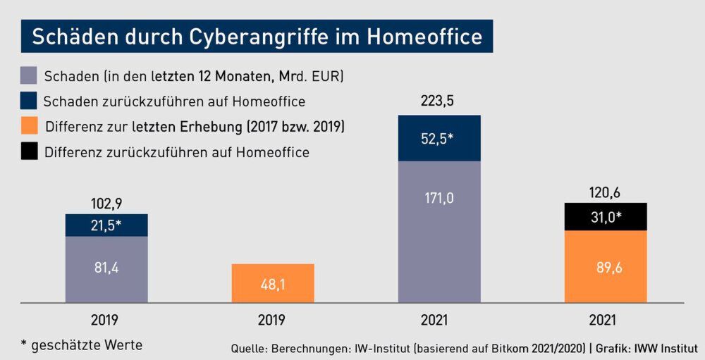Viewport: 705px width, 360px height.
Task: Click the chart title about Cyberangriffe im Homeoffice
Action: pos(257,37)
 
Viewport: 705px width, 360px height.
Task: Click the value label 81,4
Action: pos(106,268)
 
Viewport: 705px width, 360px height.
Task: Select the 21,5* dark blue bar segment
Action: pos(106,225)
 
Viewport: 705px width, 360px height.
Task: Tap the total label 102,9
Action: pos(106,204)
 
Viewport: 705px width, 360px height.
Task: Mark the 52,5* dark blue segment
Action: pos(439,138)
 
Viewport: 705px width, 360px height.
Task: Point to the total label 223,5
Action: pos(439,101)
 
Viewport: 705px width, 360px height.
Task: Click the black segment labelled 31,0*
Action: pos(605,217)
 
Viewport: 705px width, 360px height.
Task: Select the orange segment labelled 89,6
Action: pos(605,267)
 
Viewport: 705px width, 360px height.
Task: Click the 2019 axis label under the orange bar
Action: pos(272,320)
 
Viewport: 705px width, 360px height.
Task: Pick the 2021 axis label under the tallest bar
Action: pos(439,320)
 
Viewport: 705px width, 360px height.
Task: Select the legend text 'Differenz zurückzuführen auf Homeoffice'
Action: pos(177,152)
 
